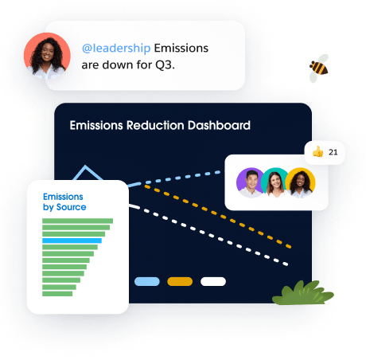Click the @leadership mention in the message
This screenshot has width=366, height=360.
116,49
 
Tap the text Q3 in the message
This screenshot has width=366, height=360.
164,65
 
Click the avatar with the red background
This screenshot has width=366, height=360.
47,56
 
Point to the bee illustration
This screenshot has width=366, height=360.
319,68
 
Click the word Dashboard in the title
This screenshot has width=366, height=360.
219,125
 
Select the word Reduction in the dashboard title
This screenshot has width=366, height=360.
155,125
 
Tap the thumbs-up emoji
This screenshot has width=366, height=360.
317,152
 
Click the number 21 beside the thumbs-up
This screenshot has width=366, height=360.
333,152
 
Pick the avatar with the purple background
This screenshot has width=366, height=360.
250,182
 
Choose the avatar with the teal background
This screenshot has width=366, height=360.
274,182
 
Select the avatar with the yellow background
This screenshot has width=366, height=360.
300,182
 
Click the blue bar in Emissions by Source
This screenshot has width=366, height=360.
72,241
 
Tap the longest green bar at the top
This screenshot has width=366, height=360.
77,221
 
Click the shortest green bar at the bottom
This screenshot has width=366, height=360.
57,294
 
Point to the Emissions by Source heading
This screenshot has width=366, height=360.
64,202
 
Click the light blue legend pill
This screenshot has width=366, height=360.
147,282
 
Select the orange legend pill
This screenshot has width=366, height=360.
180,282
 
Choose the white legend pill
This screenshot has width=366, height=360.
213,282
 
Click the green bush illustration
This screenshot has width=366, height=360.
303,293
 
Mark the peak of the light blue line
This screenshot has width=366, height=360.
85,166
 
